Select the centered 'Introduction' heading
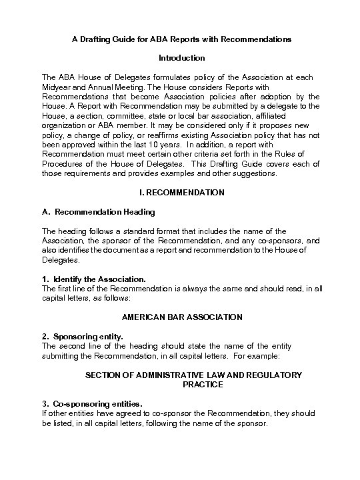click(181, 58)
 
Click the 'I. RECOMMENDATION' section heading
click(181, 192)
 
